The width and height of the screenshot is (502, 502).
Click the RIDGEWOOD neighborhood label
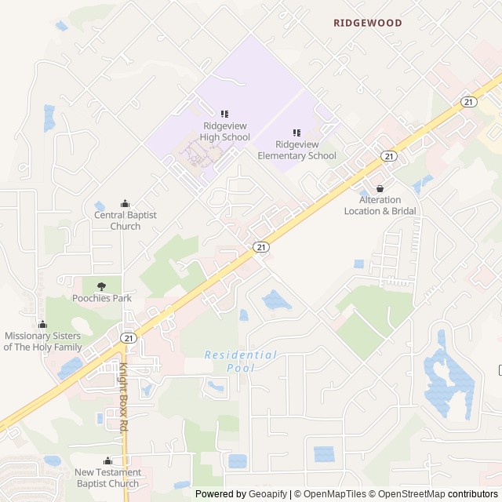pos(367,23)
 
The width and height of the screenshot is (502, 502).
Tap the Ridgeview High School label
pos(224,132)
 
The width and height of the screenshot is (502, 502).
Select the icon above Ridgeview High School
pos(224,114)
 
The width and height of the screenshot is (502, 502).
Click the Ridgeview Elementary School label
pos(296,151)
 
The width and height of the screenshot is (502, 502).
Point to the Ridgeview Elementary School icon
pos(296,133)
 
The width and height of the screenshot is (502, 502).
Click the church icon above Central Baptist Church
pos(125,203)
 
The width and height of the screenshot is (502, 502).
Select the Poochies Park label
pos(102,298)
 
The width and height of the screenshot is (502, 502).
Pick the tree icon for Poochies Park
pos(101,286)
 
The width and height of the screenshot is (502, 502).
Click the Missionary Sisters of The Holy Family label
pos(43,341)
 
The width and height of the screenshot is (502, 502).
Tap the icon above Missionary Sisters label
pos(42,324)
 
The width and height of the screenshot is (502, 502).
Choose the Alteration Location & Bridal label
pos(380,206)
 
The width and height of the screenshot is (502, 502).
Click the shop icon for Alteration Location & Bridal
pos(380,188)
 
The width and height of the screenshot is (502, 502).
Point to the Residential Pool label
pos(241,361)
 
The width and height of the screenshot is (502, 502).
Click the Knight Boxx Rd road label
pos(123,398)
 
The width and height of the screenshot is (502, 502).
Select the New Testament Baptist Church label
pos(108,478)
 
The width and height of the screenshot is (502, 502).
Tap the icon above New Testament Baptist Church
pos(107,460)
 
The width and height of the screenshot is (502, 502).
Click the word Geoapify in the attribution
pos(267,494)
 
